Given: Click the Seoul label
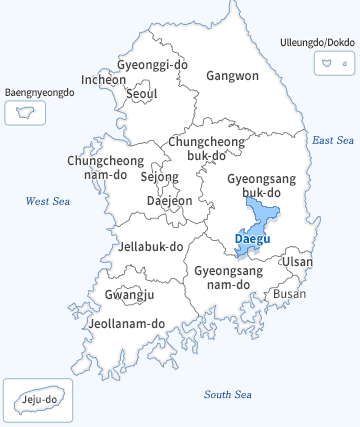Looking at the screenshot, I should tap(142, 94).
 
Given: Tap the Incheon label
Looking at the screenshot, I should tap(104, 79).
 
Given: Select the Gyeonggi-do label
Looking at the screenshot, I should tap(152, 65).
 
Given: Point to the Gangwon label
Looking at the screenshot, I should tap(232, 75).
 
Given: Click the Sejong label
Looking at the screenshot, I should tap(160, 177).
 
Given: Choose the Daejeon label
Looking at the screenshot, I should tap(169, 200).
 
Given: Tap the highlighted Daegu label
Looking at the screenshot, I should tap(251, 239).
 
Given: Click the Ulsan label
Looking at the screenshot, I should tap(297, 262).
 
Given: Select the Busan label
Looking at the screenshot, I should tap(290, 294).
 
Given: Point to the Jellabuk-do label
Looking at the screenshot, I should tap(150, 246).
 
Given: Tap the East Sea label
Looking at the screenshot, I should tap(332, 140).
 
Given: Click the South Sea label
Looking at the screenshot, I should tap(226, 394).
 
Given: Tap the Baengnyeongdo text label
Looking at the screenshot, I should tap(40, 92).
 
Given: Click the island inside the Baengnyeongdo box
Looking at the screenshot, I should tap(26, 112).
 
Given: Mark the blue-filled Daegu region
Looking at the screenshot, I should tap(262, 215).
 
